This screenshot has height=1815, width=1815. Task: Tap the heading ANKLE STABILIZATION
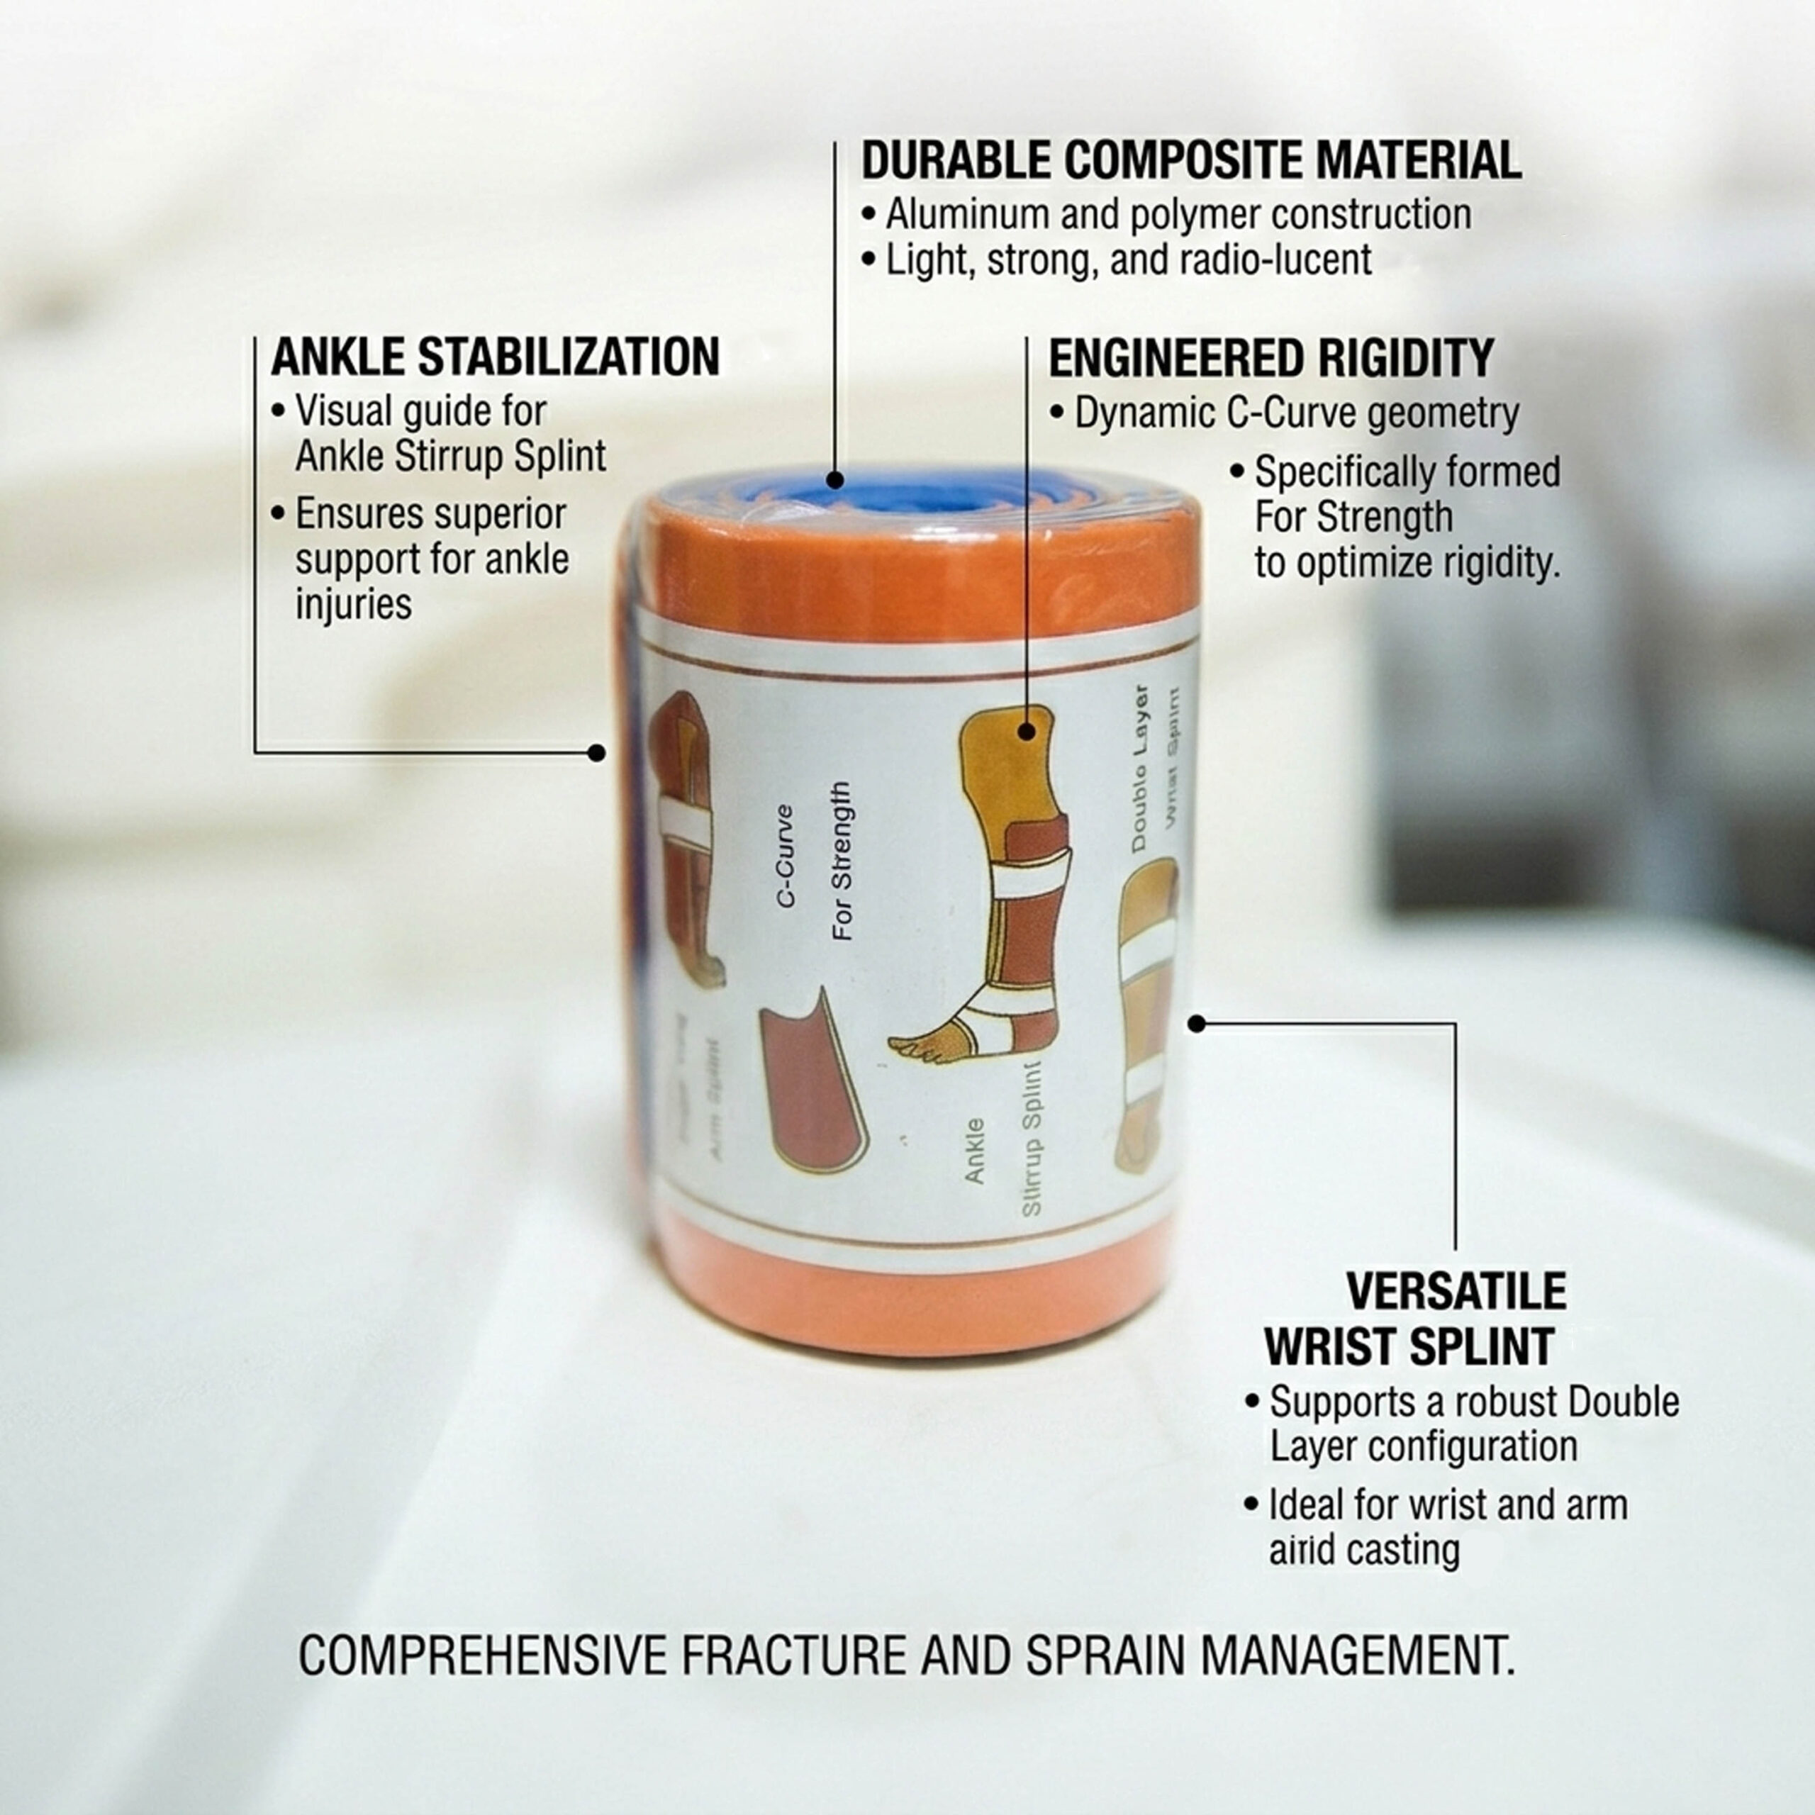click(495, 358)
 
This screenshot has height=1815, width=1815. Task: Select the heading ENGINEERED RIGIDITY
click(1270, 359)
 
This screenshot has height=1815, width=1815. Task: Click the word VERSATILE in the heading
click(1456, 1292)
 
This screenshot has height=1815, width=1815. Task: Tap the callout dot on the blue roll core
click(834, 479)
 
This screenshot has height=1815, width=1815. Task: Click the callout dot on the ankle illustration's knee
click(1026, 731)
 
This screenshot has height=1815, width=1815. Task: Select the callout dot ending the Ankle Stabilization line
click(596, 752)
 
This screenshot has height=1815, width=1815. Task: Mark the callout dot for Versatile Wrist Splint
click(1196, 1024)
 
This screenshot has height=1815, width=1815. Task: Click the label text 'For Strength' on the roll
click(843, 861)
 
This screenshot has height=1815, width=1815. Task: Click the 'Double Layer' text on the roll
click(1139, 769)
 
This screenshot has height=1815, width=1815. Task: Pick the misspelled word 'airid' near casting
click(1301, 1550)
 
